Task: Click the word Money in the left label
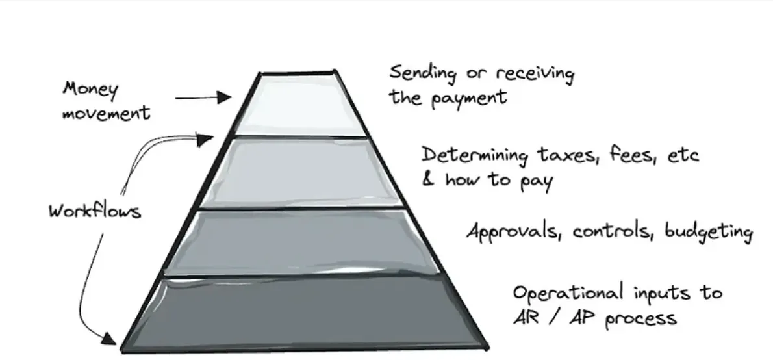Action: tap(91, 88)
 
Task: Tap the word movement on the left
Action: tap(106, 112)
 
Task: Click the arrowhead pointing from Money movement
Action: tap(225, 98)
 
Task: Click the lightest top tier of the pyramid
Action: tap(299, 104)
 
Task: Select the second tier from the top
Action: tap(299, 172)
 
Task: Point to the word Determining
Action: tap(475, 156)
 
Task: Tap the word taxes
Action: tap(563, 156)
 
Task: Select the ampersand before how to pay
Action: tap(428, 179)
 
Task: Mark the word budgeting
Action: tap(708, 233)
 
